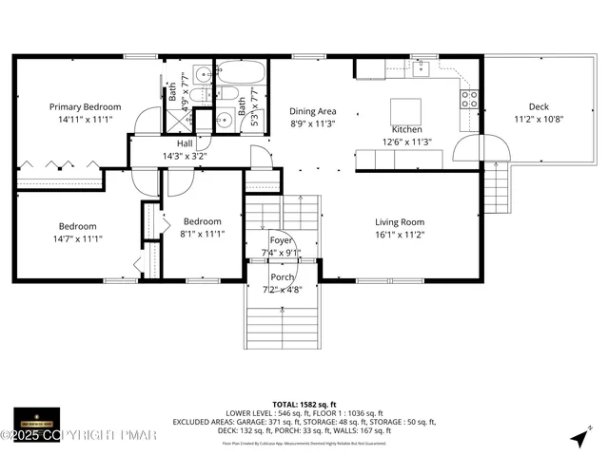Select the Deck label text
539,107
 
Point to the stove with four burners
469,95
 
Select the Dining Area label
312,111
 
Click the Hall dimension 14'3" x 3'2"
185,156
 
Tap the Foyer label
281,241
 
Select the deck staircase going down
497,188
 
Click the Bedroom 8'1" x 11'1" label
202,221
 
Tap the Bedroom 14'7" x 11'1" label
77,226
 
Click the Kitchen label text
406,129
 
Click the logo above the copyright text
36,418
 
